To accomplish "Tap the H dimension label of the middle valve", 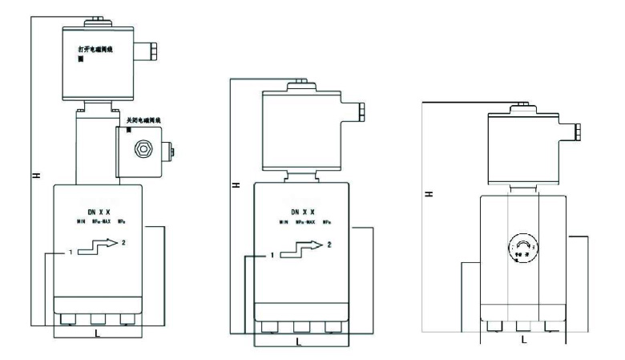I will [235, 184].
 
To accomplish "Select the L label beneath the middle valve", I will [299, 342].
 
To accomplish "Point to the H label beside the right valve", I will [430, 195].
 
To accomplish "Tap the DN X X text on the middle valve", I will [299, 212].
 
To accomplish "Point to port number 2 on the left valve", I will [123, 241].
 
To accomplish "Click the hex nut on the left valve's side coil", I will [143, 148].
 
